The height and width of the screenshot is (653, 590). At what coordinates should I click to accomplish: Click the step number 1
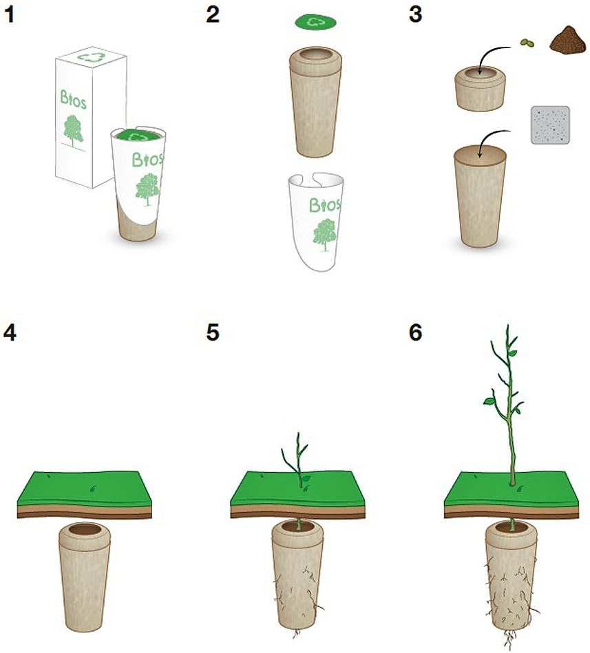pyautogui.click(x=9, y=15)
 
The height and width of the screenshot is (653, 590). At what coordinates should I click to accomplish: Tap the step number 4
pyautogui.click(x=10, y=332)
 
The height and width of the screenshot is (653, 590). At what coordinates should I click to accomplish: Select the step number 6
pyautogui.click(x=416, y=332)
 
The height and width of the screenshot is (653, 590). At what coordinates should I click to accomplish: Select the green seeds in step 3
pyautogui.click(x=527, y=43)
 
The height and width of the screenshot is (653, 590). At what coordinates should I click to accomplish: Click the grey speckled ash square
pyautogui.click(x=550, y=125)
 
